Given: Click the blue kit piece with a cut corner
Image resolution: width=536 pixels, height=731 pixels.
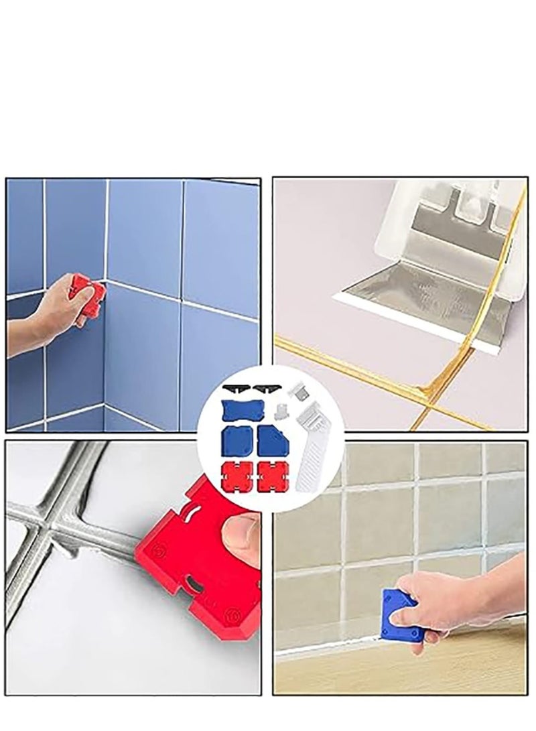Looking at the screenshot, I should (273, 438).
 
